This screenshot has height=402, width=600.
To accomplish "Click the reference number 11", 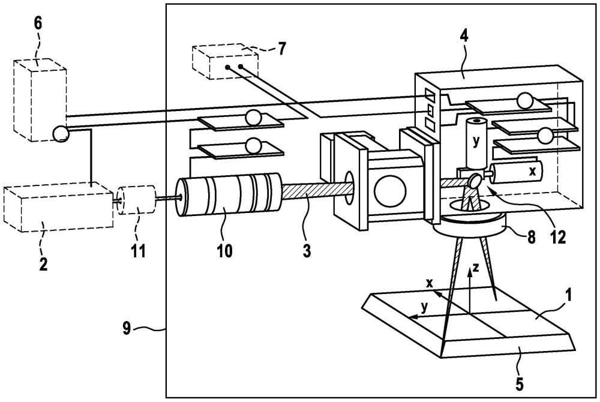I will tap(139, 250).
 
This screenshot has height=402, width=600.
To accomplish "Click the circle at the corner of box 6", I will tap(61, 133).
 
